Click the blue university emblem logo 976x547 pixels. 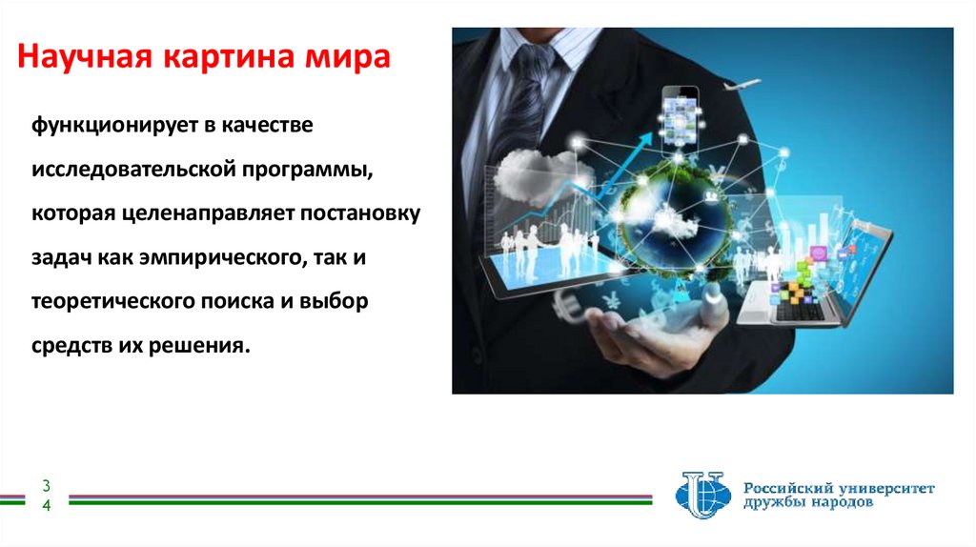tap(701, 495)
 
